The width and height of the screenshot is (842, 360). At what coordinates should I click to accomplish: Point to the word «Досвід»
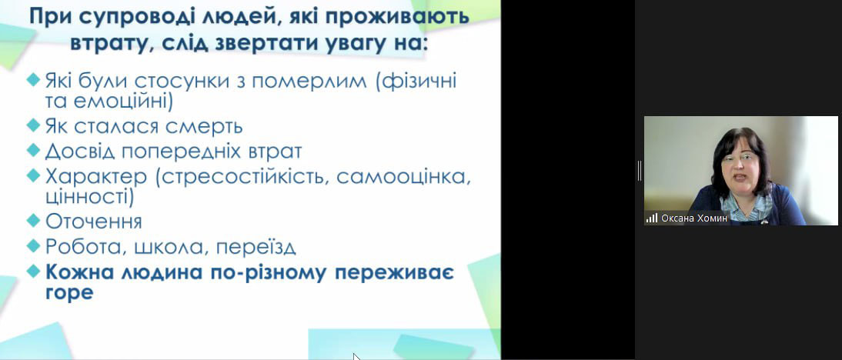coord(79,151)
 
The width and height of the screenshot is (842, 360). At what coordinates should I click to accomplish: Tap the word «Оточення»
coord(93,221)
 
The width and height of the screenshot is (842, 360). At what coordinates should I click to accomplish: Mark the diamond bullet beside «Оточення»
coord(33,219)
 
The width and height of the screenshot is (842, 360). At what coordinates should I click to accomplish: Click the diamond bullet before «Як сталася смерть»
coord(33,125)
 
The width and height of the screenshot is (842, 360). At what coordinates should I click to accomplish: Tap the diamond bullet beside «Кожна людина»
coord(33,270)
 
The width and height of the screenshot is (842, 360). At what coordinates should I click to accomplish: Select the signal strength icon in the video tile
coord(652,218)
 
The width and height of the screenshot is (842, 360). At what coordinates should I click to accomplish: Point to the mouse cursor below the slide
coord(356,357)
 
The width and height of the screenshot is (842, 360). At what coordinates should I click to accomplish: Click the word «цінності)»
coord(90,197)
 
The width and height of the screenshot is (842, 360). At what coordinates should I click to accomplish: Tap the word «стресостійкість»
coord(240,177)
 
